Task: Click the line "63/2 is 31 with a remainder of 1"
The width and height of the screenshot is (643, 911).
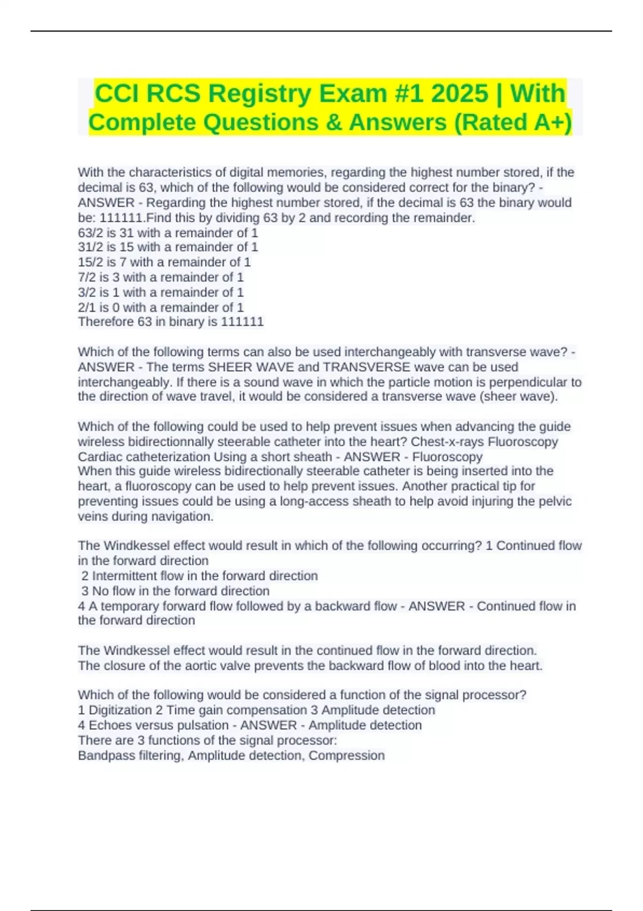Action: click(168, 233)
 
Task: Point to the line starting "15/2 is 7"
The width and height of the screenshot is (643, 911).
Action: click(164, 262)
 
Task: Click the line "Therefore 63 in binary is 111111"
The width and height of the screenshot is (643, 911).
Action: click(170, 322)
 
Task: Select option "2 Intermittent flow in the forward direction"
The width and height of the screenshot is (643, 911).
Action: click(199, 576)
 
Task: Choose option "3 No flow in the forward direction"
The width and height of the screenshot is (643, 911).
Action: click(175, 591)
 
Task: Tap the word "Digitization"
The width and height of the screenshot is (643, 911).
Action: click(120, 710)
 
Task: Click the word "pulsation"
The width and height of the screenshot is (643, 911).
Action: click(204, 725)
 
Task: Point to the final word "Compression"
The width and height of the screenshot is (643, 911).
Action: click(346, 755)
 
